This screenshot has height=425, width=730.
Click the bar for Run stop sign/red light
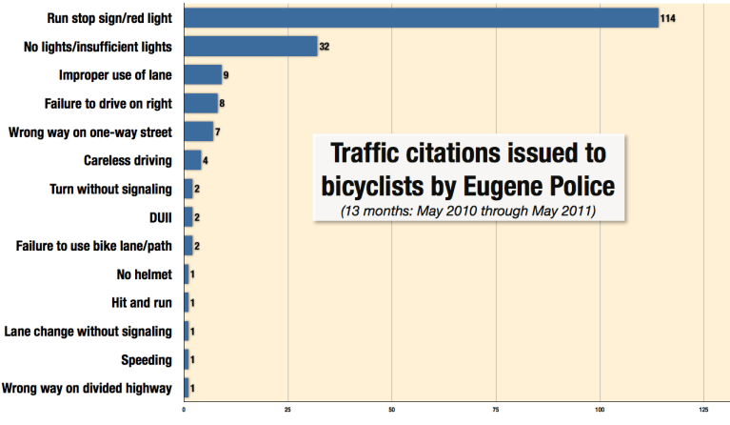click(419, 18)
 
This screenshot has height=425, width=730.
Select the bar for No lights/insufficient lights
click(249, 46)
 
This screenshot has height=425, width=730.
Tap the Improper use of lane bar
click(202, 74)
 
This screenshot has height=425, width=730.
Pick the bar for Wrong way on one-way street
click(198, 132)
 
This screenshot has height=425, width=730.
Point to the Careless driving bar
click(191, 160)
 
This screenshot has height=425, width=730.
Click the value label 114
click(669, 18)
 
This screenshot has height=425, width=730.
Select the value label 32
click(325, 46)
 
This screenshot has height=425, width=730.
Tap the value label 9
click(227, 74)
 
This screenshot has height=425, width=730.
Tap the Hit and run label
click(142, 303)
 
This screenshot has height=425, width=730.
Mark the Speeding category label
click(146, 360)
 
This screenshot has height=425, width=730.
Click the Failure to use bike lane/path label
click(94, 246)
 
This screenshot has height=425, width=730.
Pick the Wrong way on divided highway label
click(88, 389)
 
